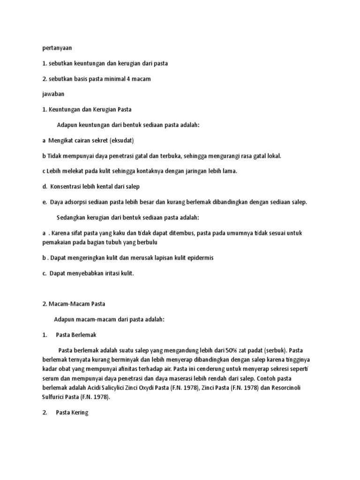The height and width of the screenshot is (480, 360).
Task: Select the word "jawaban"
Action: [x=53, y=94]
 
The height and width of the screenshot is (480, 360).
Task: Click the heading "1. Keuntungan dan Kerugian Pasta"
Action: [x=87, y=109]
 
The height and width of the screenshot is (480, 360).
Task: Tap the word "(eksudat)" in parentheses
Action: [x=123, y=140]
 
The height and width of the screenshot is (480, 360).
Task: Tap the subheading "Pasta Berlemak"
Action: [x=76, y=335]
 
